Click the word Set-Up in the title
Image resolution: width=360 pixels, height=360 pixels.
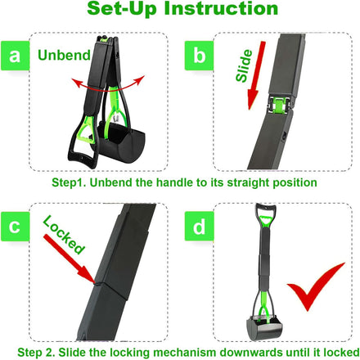coord(122,8)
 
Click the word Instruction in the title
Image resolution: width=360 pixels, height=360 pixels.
coord(221,8)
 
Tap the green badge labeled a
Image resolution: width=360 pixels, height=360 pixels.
coord(15,56)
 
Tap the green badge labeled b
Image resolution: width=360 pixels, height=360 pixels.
coord(199,56)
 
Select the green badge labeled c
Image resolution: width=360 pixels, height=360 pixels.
coord(15,227)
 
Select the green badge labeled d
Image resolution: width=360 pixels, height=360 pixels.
coord(199,227)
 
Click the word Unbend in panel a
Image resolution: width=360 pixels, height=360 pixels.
coord(64,55)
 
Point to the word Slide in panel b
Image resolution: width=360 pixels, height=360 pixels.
coord(244,66)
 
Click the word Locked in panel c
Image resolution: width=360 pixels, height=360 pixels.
coord(64,234)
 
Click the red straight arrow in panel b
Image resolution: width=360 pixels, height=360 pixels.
coord(256,75)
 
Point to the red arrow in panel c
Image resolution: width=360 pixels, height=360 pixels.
coord(70,259)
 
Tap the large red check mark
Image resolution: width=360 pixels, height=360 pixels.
coord(316,287)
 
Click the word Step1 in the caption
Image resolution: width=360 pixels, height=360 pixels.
coord(69,182)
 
